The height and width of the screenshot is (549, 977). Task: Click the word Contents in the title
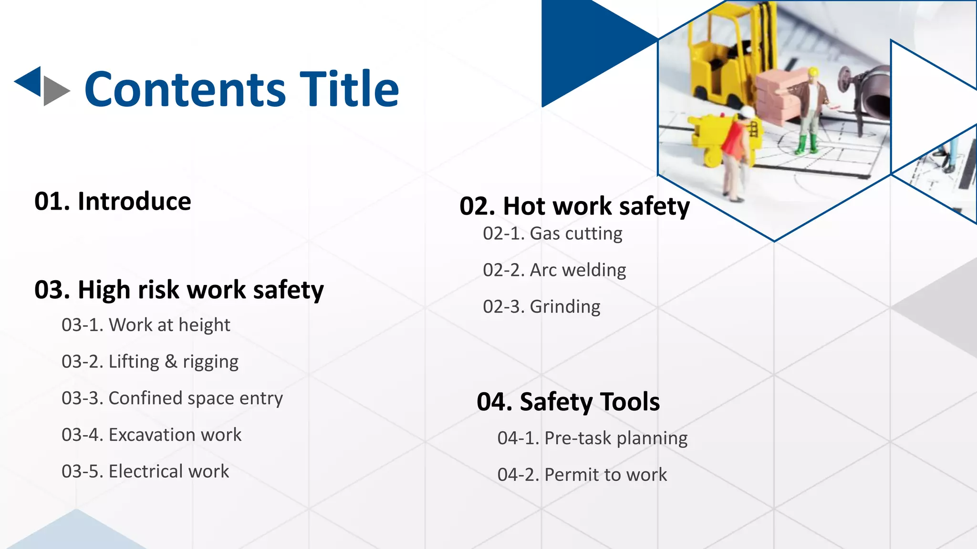pyautogui.click(x=185, y=89)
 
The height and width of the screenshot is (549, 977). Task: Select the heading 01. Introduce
pyautogui.click(x=113, y=201)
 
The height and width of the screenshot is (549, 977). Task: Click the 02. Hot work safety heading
pyautogui.click(x=574, y=206)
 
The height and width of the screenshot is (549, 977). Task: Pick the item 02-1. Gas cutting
pyautogui.click(x=552, y=234)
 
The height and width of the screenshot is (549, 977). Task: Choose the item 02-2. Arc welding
pyautogui.click(x=554, y=270)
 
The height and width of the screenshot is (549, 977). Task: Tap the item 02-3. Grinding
pyautogui.click(x=541, y=306)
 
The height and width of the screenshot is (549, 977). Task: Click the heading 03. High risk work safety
pyautogui.click(x=179, y=290)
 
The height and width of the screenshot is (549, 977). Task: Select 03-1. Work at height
pyautogui.click(x=146, y=325)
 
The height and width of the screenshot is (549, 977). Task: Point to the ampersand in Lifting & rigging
pyautogui.click(x=171, y=361)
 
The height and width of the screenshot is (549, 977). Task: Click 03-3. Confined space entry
pyautogui.click(x=172, y=398)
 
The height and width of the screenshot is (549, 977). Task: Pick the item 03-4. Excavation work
pyautogui.click(x=151, y=435)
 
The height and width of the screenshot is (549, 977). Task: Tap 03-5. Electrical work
pyautogui.click(x=145, y=471)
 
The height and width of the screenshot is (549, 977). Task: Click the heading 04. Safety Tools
pyautogui.click(x=568, y=402)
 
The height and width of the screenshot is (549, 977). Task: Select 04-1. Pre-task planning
pyautogui.click(x=592, y=438)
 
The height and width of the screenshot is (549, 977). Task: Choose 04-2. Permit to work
pyautogui.click(x=582, y=475)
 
